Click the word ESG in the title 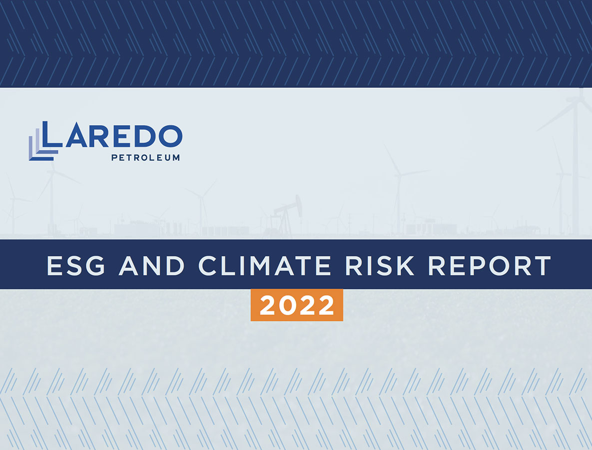pos(76,265)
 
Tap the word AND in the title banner pos(152,265)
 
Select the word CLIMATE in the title pos(265,265)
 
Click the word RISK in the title pos(380,265)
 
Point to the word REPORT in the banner pos(490,265)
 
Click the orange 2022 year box pos(297,305)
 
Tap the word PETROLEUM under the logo pos(145,157)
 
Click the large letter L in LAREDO pos(52,134)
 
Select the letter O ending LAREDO pos(170,136)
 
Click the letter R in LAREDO pos(99,136)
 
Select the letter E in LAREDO pos(121,136)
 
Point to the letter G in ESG pos(95,265)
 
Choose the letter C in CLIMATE pos(208,265)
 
